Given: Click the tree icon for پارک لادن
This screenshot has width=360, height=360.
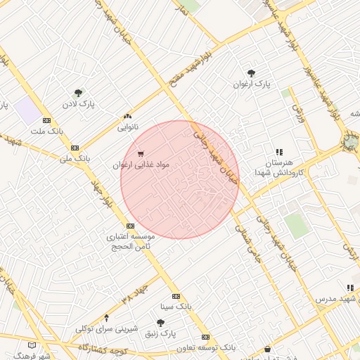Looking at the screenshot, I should click(78, 93).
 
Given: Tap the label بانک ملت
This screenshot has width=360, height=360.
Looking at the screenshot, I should click(47, 131).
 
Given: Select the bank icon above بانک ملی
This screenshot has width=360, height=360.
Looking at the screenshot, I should click(75, 148).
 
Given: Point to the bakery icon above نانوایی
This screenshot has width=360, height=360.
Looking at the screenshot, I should click(127, 117).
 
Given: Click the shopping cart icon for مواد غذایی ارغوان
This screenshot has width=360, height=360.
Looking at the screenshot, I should click(141, 154).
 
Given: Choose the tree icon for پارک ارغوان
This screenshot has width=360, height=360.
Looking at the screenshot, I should click(251, 73).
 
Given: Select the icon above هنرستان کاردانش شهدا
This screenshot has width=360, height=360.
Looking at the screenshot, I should click(279, 152).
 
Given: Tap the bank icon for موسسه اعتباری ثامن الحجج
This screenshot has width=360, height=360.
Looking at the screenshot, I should click(130, 226).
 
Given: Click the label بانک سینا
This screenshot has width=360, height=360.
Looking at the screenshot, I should click(175, 307).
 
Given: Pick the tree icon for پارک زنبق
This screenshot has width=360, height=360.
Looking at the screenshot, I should click(160, 323).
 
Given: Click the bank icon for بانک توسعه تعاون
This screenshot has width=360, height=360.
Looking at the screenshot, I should click(205, 337).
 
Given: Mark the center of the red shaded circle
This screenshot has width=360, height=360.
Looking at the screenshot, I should click(180, 180).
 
